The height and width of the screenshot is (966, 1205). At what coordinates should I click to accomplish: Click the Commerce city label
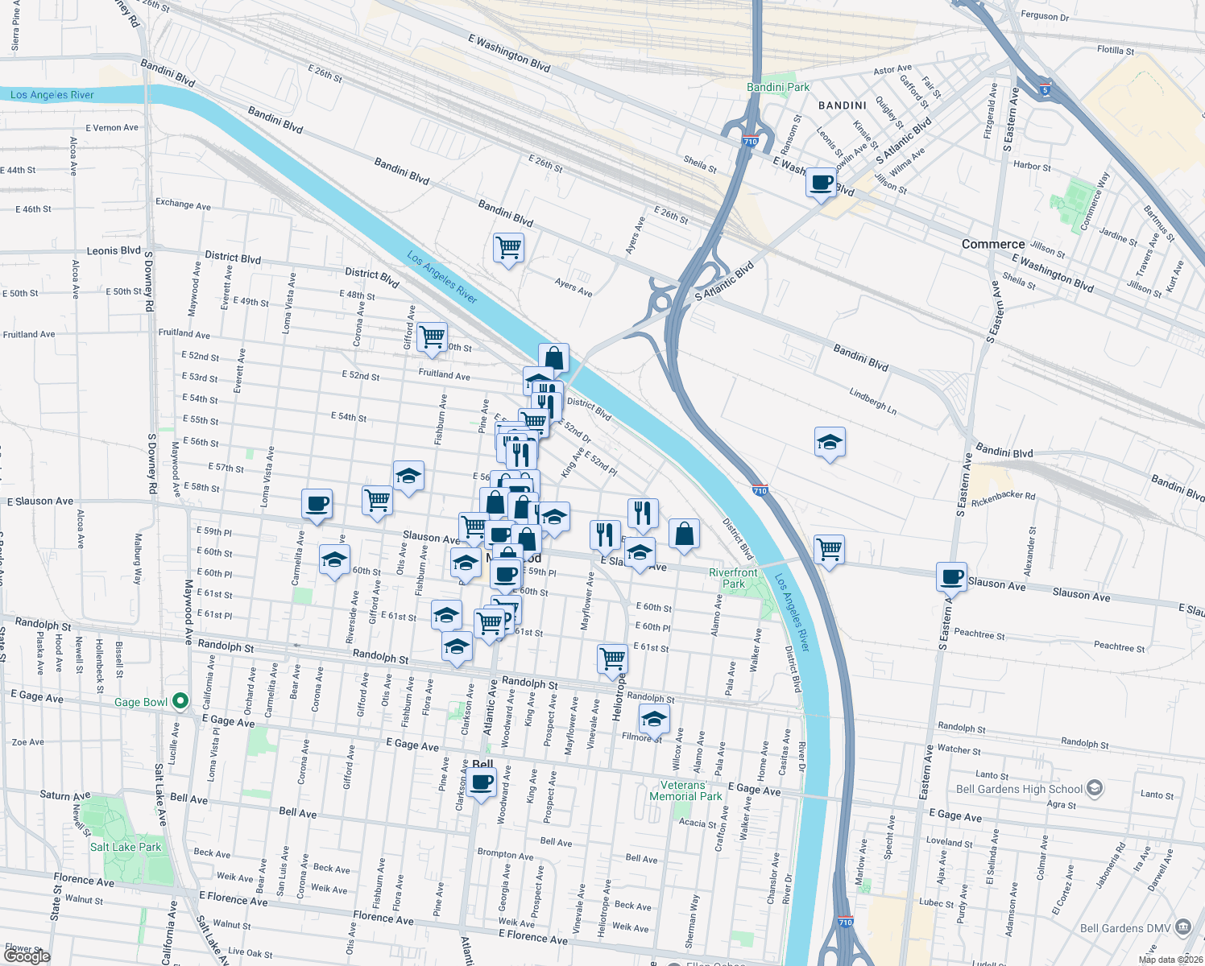(x=992, y=244)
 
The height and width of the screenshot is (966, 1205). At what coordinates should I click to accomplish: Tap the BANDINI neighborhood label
(x=843, y=105)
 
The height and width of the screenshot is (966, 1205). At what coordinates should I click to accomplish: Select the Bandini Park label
(x=778, y=87)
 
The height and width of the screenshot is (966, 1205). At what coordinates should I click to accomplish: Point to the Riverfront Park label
(x=733, y=578)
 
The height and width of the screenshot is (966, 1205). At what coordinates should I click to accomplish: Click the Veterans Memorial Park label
(x=685, y=791)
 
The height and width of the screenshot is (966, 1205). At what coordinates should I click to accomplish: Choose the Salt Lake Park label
(x=126, y=847)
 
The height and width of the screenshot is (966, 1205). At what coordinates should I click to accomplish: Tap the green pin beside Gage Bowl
(x=180, y=701)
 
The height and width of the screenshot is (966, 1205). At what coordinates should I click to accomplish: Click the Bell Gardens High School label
(x=1019, y=789)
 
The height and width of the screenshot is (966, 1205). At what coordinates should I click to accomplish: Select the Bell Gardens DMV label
(x=1125, y=928)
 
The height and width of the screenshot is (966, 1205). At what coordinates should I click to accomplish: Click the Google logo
(x=27, y=956)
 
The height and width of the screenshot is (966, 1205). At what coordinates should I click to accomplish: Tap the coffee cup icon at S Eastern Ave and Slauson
(x=951, y=576)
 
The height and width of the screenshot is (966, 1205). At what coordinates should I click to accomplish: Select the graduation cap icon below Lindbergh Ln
(x=830, y=442)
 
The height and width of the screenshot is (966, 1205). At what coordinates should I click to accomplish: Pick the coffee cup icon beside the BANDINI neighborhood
(x=821, y=183)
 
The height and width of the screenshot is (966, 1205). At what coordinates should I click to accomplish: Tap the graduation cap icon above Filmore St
(x=654, y=718)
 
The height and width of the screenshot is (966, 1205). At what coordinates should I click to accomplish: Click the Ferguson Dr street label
(x=1045, y=16)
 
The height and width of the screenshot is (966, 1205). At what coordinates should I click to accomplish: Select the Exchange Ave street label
(x=183, y=204)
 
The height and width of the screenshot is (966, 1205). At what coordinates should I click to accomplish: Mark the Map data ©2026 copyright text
(x=1170, y=960)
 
